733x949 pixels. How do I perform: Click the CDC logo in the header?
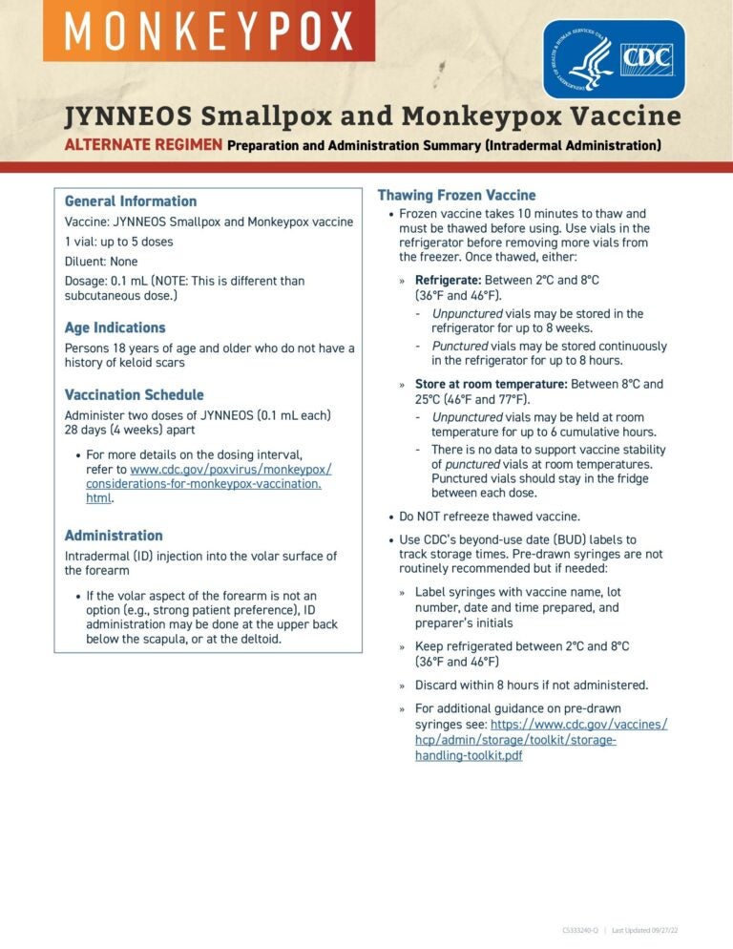pos(614,59)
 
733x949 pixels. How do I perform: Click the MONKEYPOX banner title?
pos(208,32)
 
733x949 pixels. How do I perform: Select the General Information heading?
pos(131,201)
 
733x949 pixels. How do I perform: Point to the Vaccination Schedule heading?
pos(134,394)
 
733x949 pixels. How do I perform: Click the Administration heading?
pos(114,536)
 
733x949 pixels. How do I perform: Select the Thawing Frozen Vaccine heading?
pos(456,195)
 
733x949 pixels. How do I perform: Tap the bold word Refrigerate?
pos(449,280)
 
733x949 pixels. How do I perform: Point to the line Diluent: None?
pos(101,262)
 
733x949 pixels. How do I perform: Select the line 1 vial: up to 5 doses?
pos(119,242)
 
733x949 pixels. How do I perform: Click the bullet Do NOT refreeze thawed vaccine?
pos(489,517)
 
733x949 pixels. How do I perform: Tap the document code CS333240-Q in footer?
pos(580,929)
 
